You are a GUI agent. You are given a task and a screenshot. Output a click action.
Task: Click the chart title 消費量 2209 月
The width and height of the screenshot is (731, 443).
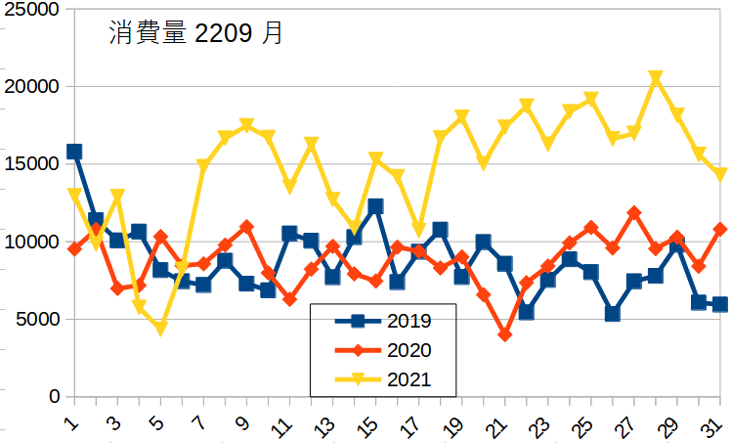[x=195, y=34]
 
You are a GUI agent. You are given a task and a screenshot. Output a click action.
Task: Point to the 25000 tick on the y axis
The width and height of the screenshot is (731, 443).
[x=32, y=9]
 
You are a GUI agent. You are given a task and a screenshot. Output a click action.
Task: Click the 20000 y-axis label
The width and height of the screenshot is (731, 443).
[x=32, y=86]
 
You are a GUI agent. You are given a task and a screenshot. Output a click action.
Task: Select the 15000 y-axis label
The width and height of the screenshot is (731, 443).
[x=32, y=163]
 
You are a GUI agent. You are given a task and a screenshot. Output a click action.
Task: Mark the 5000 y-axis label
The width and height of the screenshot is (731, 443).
[x=37, y=319]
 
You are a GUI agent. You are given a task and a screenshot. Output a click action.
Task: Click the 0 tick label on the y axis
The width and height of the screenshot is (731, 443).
[x=55, y=396]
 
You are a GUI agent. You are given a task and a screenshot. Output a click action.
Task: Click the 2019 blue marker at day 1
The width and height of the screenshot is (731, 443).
[x=74, y=152]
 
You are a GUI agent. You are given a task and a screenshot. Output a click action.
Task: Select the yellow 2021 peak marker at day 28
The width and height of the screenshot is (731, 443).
[x=656, y=77]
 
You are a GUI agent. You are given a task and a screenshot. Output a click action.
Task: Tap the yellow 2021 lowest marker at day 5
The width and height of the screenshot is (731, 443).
[x=160, y=329]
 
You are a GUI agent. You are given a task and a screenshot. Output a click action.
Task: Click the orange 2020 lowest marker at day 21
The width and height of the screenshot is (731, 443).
[x=505, y=334]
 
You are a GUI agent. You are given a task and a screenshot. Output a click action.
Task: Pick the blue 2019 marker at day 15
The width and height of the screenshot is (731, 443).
[x=375, y=206]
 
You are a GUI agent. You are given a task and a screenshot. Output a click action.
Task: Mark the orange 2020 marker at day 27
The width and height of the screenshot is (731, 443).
[x=634, y=212]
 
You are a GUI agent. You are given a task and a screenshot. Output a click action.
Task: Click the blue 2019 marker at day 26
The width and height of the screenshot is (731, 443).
[x=613, y=314]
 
